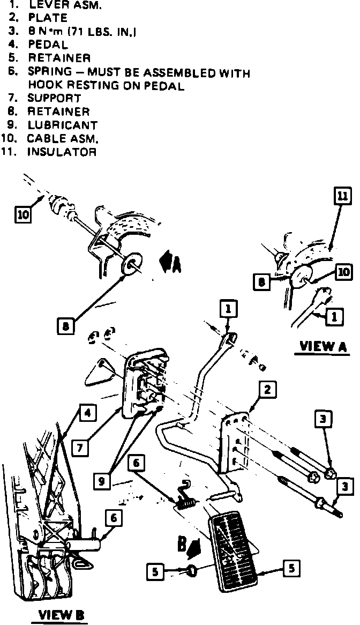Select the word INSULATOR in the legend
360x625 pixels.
click(x=62, y=152)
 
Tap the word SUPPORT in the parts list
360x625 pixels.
click(x=54, y=98)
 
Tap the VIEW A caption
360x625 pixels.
click(x=324, y=346)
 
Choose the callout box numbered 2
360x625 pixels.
click(x=267, y=390)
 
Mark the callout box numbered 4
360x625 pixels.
click(x=88, y=412)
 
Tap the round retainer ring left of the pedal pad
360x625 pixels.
click(x=193, y=571)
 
